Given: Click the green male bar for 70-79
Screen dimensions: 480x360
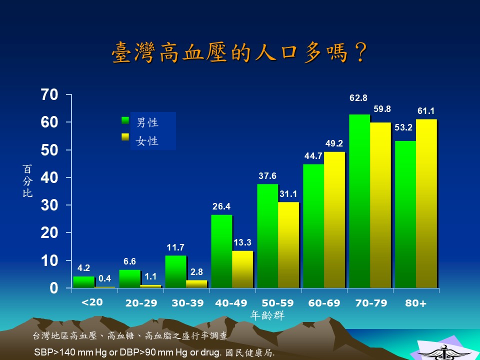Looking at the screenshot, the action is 359,201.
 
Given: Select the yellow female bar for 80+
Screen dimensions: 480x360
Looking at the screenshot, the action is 426,203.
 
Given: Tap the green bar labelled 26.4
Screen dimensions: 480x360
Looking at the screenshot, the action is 221,251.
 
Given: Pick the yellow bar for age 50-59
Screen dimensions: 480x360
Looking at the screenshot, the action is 288,245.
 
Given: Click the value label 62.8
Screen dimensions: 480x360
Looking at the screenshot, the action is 358,98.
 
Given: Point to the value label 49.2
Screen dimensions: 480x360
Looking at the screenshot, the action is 334,143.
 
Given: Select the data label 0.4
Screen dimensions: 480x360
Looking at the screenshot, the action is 104,278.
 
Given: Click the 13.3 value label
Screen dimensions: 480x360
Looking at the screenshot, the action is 242,242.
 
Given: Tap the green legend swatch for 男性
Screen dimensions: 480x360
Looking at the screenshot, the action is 125,120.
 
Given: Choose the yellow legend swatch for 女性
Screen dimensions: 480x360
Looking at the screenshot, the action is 125,137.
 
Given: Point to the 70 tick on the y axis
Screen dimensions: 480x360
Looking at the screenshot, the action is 49,94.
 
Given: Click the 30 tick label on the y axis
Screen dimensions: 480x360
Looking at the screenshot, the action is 49,205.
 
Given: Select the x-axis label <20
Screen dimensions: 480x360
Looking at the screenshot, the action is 92,302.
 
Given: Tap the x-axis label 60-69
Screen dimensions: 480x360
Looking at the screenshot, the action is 324,303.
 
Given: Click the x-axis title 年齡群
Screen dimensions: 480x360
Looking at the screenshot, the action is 267,315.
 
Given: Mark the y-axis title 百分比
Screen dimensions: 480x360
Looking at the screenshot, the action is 27,181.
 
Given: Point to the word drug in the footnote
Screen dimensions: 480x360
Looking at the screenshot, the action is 211,352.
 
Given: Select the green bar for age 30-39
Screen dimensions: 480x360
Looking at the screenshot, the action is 175,272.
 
